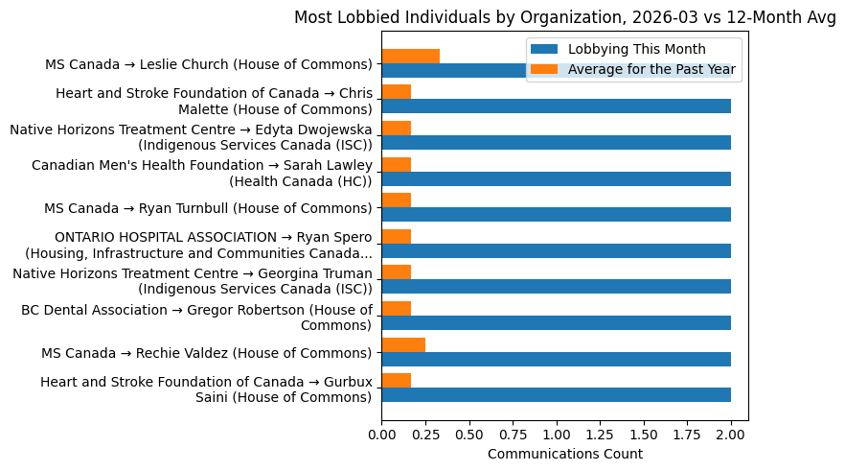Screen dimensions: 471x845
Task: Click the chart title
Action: click(564, 17)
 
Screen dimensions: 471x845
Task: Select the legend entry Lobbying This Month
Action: click(636, 49)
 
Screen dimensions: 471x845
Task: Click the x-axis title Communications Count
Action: click(564, 454)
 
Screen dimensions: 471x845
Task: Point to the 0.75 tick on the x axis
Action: click(513, 434)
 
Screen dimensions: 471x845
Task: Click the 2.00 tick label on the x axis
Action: click(731, 434)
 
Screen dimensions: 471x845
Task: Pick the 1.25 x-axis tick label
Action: click(600, 434)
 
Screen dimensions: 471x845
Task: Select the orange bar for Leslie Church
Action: click(410, 56)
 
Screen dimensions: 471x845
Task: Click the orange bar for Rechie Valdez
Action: click(403, 344)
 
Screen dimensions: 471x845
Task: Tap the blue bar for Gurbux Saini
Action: click(556, 394)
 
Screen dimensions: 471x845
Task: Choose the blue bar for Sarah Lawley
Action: click(556, 178)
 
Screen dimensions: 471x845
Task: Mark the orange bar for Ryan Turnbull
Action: click(396, 200)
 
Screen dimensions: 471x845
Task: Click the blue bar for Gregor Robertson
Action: click(556, 322)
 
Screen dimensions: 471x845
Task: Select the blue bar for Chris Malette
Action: click(556, 106)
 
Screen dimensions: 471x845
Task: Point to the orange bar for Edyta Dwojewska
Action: click(396, 129)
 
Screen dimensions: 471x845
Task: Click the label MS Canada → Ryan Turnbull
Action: click(208, 208)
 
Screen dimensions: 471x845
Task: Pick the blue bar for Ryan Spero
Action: click(556, 250)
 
